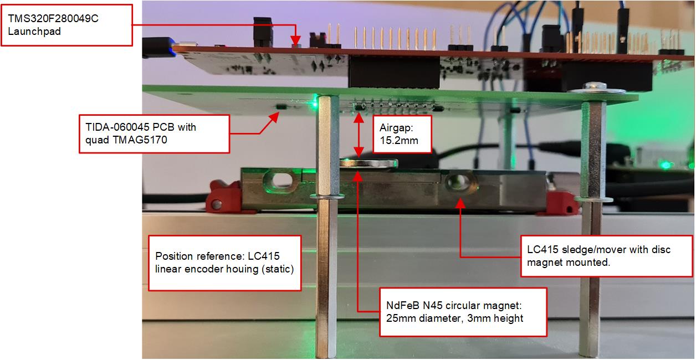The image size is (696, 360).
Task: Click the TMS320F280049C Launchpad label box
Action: (x=67, y=25)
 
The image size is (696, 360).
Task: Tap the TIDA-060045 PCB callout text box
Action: (x=154, y=133)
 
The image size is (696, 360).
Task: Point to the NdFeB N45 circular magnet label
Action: (x=463, y=312)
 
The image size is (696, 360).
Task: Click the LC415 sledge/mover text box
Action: (x=606, y=256)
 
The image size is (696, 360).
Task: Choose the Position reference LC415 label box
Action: (x=225, y=263)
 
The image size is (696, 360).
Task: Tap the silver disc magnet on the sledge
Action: (x=369, y=163)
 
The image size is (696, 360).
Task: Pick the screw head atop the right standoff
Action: (x=595, y=86)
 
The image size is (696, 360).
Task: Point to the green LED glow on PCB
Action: (x=315, y=101)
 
